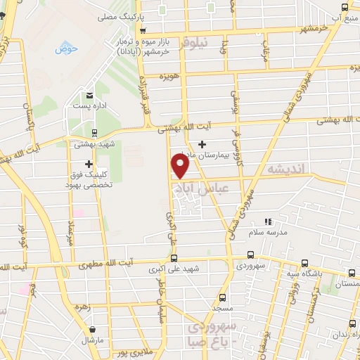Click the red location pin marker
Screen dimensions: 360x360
pos(181,167)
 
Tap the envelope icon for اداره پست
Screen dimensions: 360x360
pos(89,95)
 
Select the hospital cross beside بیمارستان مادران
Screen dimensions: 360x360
pos(202,144)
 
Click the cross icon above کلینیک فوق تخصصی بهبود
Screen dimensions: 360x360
pos(89,164)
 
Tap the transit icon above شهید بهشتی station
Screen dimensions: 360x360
pos(94,132)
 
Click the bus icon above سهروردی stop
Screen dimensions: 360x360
pos(251,256)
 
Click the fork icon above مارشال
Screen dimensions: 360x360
pos(91,329)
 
